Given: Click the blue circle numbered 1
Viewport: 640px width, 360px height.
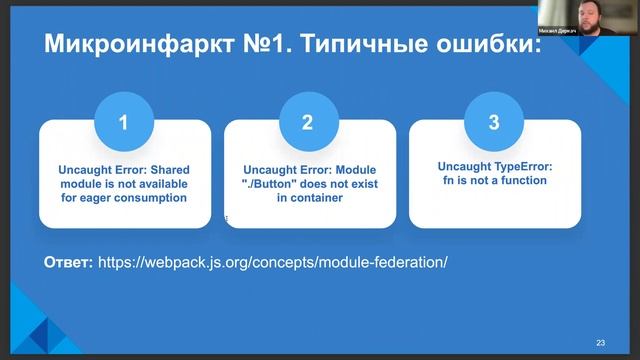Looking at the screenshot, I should (124, 123).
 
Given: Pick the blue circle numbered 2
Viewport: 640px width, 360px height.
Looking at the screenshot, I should (308, 123).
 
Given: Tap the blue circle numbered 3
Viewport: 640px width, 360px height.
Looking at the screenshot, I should (494, 123).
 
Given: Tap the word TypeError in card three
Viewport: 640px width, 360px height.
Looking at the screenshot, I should (520, 166).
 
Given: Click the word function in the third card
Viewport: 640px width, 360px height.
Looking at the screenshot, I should (520, 180).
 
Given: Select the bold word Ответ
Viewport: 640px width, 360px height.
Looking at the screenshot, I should (68, 262).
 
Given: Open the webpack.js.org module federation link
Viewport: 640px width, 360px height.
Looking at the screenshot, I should (272, 262).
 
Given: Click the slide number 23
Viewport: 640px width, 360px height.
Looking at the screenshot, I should (600, 342).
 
